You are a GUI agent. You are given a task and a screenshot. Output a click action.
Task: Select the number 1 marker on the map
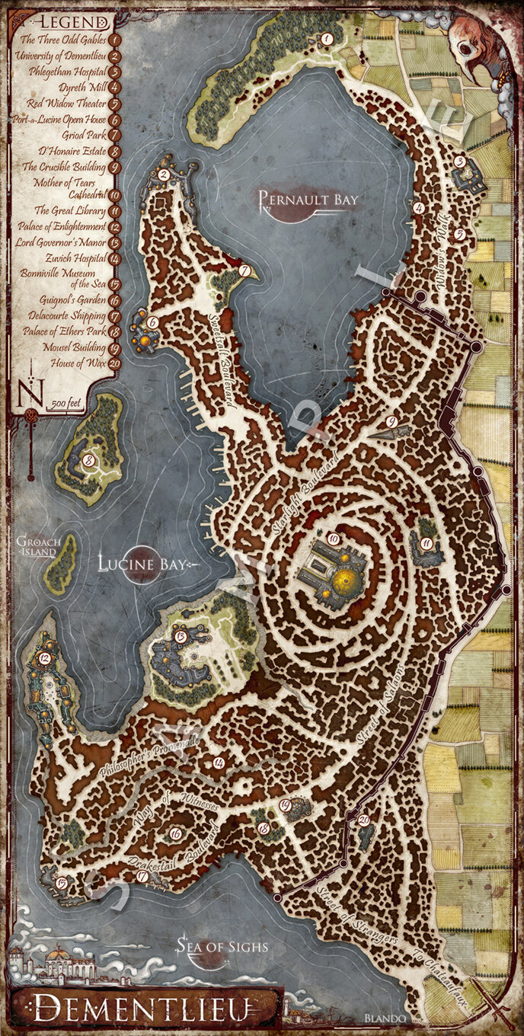tap(327, 37)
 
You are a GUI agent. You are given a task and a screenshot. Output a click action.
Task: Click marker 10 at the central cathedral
tap(333, 539)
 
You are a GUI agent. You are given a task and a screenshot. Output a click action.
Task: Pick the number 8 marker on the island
tap(89, 460)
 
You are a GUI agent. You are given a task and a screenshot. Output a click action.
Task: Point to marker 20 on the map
tap(363, 819)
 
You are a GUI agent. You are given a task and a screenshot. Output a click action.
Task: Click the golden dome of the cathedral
tap(347, 584)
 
